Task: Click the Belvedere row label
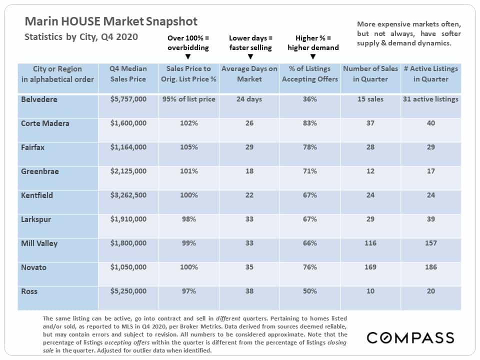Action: click(x=39, y=99)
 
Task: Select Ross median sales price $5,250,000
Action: click(x=128, y=291)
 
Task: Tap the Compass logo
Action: click(x=410, y=337)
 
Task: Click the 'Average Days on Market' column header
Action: click(x=249, y=74)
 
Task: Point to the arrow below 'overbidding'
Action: click(x=188, y=56)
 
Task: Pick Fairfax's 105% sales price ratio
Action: click(x=188, y=147)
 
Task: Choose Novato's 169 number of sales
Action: click(x=370, y=267)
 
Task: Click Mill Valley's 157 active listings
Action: click(x=430, y=243)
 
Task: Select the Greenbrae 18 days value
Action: click(x=249, y=171)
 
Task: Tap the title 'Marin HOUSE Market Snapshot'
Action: click(x=111, y=21)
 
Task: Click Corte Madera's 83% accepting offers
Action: click(x=310, y=123)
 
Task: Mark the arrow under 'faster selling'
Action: click(x=250, y=56)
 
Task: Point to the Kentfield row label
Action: click(x=36, y=195)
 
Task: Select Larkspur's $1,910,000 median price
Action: click(x=128, y=219)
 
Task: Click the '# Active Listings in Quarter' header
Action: click(x=430, y=74)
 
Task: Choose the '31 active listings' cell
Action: click(x=430, y=99)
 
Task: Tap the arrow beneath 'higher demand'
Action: click(x=313, y=56)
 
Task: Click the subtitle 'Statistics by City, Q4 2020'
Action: click(x=81, y=37)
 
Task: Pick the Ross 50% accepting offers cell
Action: click(x=310, y=291)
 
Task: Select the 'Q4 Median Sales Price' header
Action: click(x=128, y=74)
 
